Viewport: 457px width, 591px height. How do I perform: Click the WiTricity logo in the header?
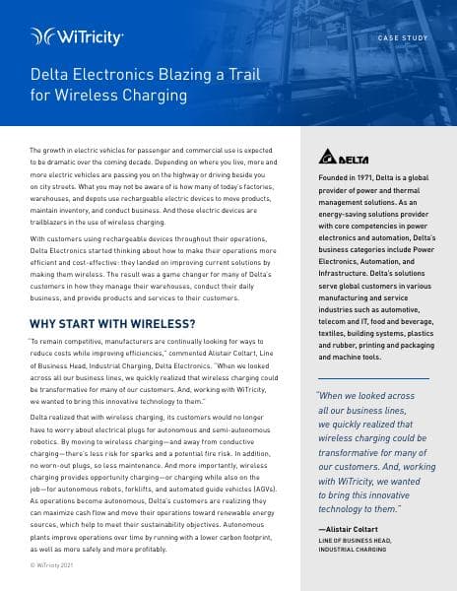pos(77,37)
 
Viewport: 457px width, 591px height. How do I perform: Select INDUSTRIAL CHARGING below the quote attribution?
pos(354,550)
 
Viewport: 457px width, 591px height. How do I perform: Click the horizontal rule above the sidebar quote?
pos(373,377)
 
